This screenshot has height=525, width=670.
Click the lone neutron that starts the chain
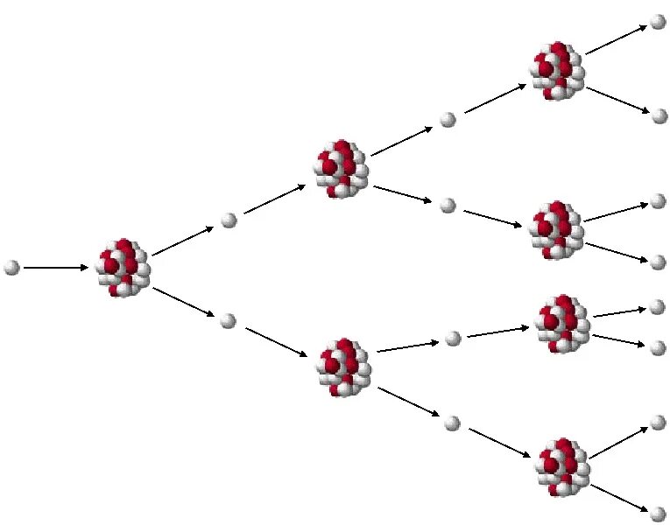11,267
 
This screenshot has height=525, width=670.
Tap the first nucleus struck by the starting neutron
123,267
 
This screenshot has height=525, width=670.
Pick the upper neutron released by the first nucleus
229,220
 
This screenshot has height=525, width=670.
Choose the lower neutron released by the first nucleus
229,320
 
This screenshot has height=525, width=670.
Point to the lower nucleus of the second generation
343,367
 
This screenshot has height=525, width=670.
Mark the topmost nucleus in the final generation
558,69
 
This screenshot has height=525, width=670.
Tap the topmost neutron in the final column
659,23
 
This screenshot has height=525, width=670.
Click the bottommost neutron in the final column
659,514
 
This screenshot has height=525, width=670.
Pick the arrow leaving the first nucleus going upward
182,241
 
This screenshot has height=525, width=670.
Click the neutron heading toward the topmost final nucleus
448,120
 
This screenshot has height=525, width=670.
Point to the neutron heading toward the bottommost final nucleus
452,423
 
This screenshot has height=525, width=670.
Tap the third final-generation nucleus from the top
561,323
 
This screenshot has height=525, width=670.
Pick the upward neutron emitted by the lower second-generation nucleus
453,339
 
